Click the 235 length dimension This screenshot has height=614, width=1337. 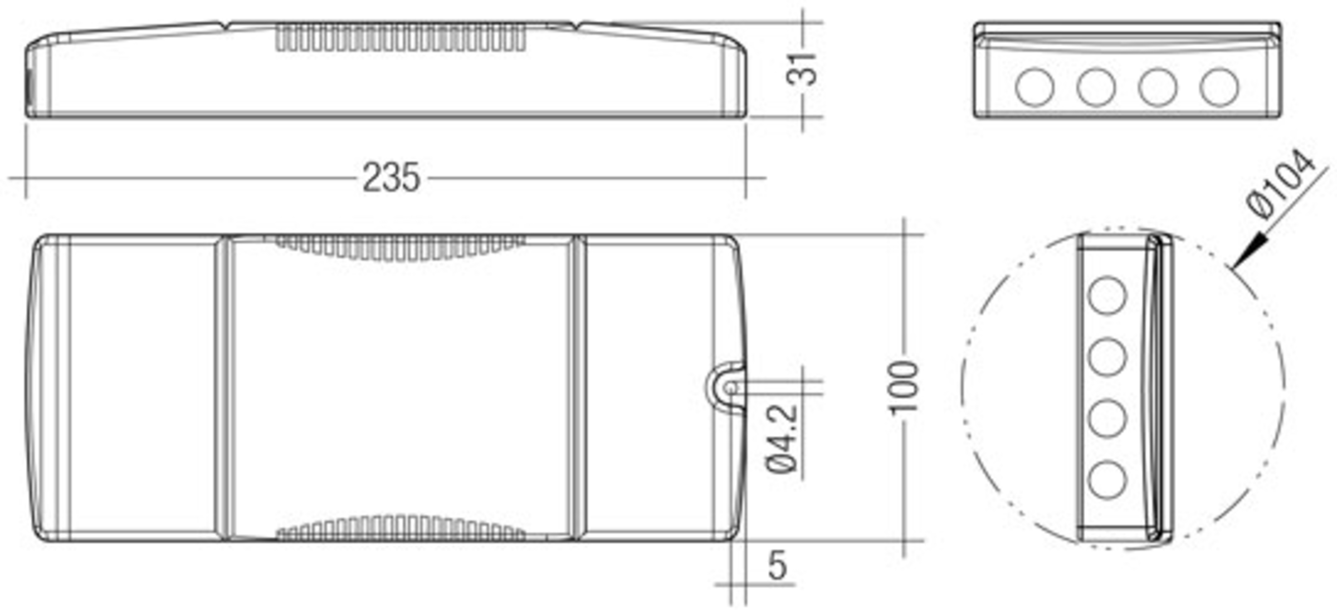(391, 178)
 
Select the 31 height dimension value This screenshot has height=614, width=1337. (802, 70)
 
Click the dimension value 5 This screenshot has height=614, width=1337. (777, 566)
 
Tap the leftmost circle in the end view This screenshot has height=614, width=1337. (1034, 87)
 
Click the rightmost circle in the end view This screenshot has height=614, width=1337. (1219, 87)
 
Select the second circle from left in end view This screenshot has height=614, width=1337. (1096, 87)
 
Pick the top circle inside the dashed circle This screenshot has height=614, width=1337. (1107, 296)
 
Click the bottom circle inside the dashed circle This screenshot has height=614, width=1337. (1107, 480)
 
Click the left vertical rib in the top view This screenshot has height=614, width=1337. (223, 387)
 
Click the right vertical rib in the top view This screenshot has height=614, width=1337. (579, 387)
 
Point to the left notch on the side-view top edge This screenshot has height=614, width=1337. (225, 24)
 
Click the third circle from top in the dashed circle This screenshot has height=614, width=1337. (1107, 419)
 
